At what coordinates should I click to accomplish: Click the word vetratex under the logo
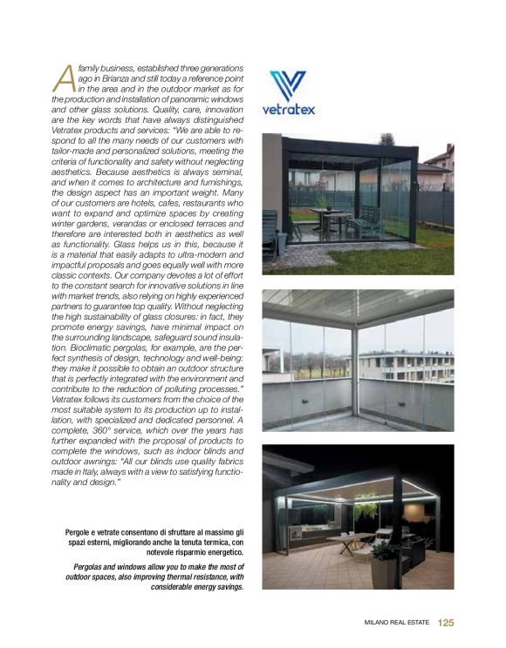click(x=288, y=110)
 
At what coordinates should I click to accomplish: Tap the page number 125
click(x=446, y=623)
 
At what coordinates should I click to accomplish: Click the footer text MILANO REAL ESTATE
click(x=397, y=623)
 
